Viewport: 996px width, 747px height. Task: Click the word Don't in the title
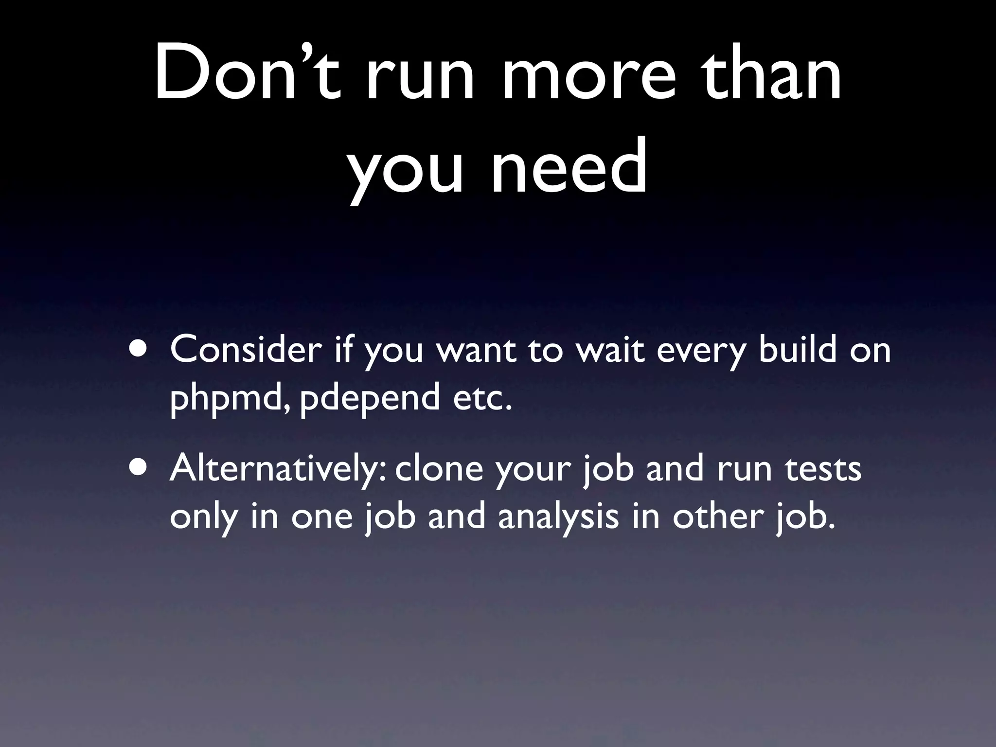point(247,73)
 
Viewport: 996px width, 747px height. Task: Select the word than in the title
point(770,73)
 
